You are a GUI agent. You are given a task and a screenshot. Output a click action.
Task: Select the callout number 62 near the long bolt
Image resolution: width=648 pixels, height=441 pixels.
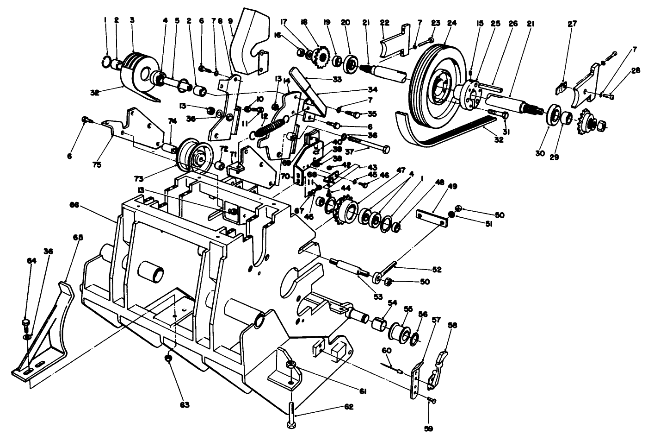point(348,407)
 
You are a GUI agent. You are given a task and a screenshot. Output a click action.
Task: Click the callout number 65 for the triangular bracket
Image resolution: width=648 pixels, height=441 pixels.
point(78,238)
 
